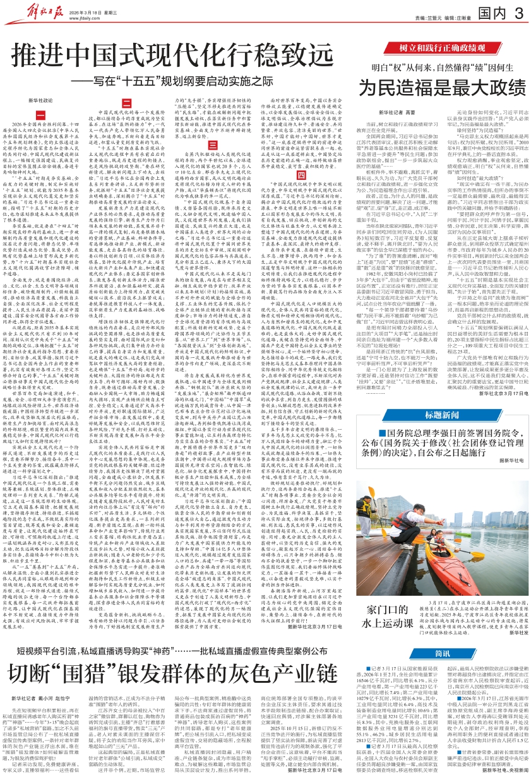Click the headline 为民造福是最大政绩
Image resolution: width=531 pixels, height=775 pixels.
(x=438, y=86)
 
